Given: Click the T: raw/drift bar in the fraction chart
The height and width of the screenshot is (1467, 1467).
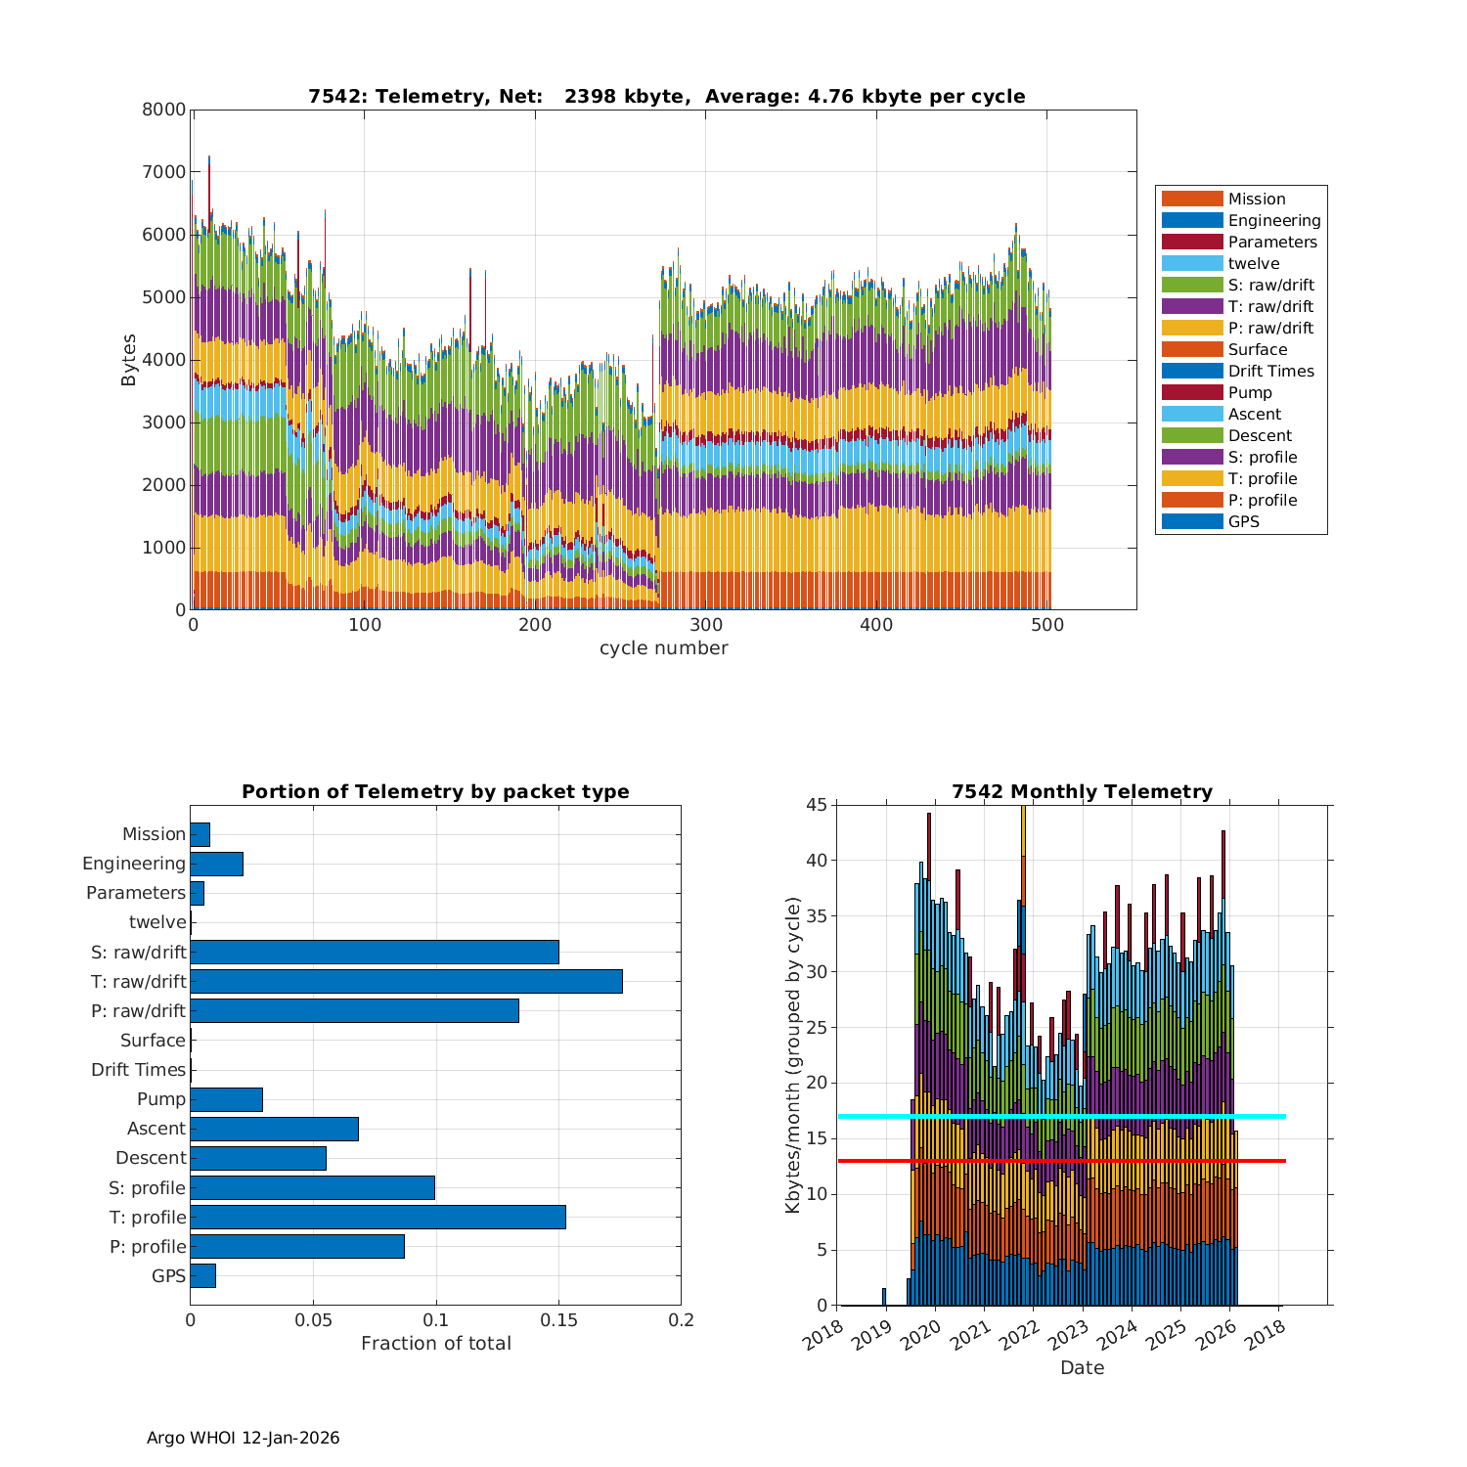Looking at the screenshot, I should (x=406, y=981).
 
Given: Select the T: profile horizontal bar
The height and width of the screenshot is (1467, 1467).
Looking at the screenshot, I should (x=378, y=1217).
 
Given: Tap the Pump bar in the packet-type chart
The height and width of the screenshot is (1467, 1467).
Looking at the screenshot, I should (x=226, y=1099).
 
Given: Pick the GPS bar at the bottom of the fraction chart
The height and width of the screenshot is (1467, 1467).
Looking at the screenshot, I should (x=202, y=1275).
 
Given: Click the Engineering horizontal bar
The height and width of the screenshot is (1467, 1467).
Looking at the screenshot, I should (x=216, y=864).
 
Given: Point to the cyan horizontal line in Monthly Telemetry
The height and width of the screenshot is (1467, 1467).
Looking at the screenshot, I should (x=1061, y=1116).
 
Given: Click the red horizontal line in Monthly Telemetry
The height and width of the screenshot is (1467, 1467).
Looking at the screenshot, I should (x=1061, y=1160).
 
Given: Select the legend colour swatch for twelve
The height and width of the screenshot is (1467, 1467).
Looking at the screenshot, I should (x=1191, y=263).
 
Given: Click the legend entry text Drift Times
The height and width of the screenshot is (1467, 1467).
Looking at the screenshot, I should (x=1270, y=371).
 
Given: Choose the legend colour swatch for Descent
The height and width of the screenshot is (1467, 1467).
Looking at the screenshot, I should (x=1191, y=435).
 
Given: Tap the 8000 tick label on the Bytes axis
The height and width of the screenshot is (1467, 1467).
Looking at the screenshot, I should (x=163, y=110).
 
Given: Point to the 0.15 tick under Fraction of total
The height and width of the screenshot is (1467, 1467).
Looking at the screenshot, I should (x=558, y=1320).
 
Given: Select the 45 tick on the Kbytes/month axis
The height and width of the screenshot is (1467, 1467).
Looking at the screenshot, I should (x=816, y=805).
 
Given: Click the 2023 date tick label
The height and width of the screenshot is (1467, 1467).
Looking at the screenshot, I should (x=1072, y=1333).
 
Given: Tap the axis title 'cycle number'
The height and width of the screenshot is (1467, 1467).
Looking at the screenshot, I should (x=663, y=648).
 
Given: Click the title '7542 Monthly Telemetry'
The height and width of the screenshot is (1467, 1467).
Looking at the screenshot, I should (x=1082, y=791).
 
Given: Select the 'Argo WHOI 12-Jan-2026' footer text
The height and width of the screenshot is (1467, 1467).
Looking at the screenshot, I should (x=243, y=1438).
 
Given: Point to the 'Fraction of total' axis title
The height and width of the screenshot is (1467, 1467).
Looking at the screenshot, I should (x=435, y=1344).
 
